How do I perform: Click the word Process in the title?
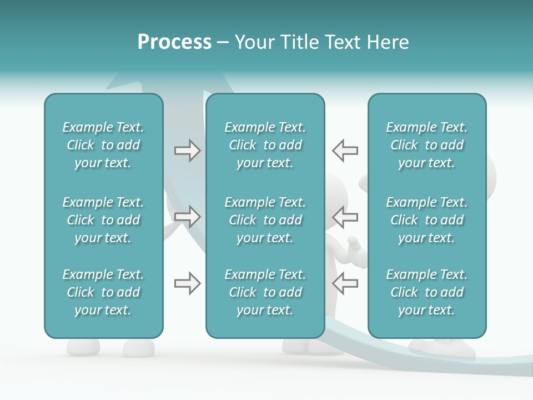(174, 42)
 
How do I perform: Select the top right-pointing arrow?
(188, 151)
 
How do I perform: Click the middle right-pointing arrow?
(188, 217)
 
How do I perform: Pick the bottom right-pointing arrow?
(188, 283)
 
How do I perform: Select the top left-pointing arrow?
(345, 151)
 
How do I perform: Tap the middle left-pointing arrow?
(345, 217)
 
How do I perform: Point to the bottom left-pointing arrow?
(345, 283)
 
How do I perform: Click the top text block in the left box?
(103, 145)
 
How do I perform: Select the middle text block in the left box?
(103, 220)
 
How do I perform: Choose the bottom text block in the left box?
(103, 292)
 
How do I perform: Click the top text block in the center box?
(265, 145)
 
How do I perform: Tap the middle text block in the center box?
(265, 220)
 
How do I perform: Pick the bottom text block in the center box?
(265, 292)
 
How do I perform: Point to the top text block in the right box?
(426, 145)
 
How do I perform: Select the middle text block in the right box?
(426, 220)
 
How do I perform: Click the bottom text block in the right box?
(426, 292)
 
